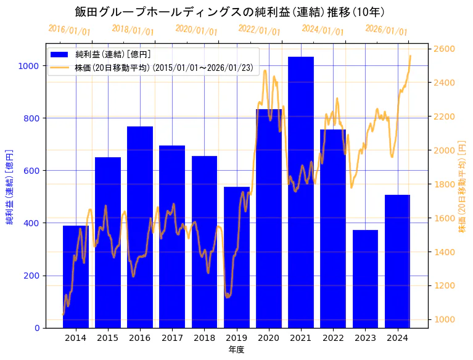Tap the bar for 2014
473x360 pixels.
76,277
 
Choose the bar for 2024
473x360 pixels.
397,261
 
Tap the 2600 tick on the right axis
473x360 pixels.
445,49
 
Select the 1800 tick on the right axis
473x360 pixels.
445,184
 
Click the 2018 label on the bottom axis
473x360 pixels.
204,338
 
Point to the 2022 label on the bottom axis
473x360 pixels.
333,338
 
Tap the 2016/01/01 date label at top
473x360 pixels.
69,30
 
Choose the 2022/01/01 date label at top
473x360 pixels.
259,30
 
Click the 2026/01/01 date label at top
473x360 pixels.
386,30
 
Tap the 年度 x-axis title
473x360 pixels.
236,350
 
